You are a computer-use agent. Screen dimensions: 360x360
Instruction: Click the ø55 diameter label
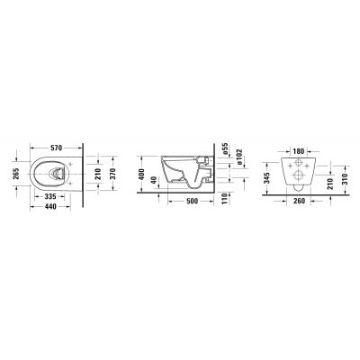(223, 147)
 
